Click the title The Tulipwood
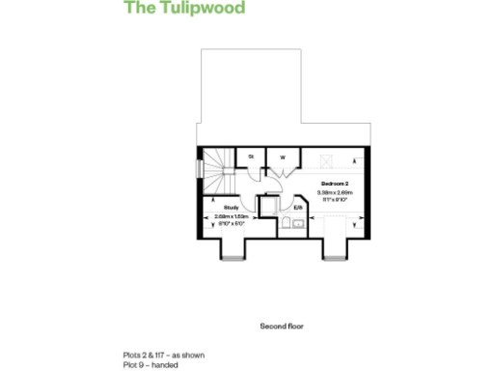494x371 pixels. point(184,9)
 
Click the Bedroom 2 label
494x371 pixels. point(334,183)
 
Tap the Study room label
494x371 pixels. point(231,208)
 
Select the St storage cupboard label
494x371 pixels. point(251,156)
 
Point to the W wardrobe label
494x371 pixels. point(284,156)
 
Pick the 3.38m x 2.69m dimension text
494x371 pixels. point(334,192)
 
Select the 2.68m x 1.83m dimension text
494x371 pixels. point(231,216)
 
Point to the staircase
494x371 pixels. point(220,172)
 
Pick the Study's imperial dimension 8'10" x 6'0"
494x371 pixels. point(231,223)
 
